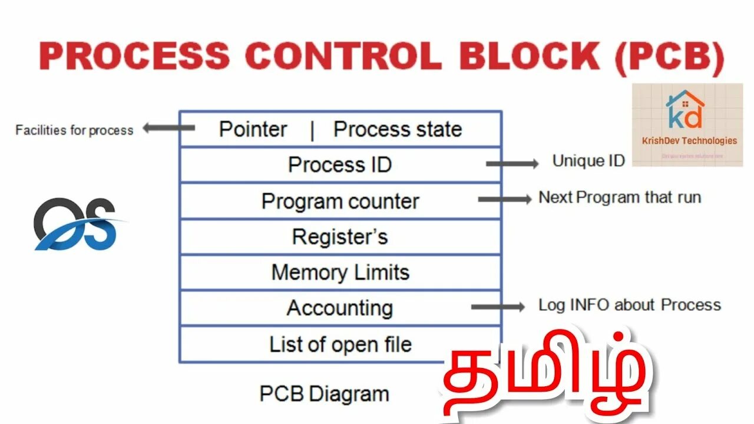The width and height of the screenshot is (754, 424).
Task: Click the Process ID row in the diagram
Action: click(x=340, y=165)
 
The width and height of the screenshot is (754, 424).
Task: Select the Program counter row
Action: click(x=340, y=201)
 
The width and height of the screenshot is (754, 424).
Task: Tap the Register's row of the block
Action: click(x=340, y=237)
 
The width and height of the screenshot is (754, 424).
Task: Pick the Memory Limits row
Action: click(x=340, y=273)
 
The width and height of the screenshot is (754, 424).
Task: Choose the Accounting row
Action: click(x=340, y=308)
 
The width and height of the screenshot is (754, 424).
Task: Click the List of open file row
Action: click(x=340, y=344)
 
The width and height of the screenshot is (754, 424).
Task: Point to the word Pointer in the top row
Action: click(x=253, y=130)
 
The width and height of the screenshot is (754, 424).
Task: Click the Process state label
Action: click(x=398, y=130)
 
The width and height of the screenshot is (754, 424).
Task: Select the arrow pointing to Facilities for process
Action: click(x=168, y=128)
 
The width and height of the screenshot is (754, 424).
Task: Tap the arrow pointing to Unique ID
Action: click(x=512, y=164)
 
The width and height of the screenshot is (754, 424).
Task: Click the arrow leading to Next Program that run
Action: click(x=504, y=200)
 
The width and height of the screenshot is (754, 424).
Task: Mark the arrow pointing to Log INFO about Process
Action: click(x=498, y=306)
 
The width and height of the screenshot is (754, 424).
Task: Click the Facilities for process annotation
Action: click(x=74, y=130)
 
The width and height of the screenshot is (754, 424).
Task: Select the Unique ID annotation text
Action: click(x=588, y=161)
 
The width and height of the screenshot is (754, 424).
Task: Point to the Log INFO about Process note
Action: click(x=629, y=305)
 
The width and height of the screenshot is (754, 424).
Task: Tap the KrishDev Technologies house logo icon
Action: click(x=684, y=109)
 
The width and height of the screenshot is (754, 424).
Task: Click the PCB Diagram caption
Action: click(x=324, y=393)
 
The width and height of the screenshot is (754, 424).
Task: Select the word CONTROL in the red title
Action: click(x=343, y=57)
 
